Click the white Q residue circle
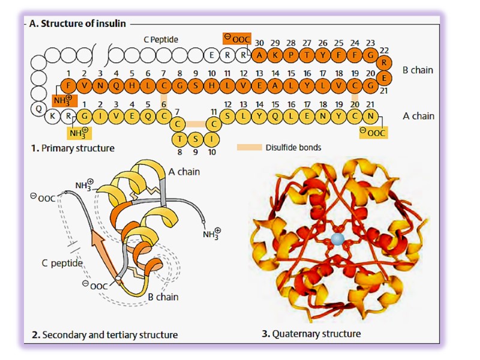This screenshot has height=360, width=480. tap(39, 109)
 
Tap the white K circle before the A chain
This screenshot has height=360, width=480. tap(54, 115)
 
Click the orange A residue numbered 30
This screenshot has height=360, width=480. tap(259, 56)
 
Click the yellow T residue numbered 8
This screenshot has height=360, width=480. tap(179, 139)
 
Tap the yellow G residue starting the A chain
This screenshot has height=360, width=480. tap(85, 115)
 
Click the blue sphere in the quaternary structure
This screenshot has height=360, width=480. tap(337, 240)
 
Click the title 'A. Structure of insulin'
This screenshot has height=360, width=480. tap(77, 23)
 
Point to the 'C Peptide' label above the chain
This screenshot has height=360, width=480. tap(160, 40)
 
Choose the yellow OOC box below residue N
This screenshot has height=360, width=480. tap(372, 131)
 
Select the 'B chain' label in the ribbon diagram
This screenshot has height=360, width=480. tap(163, 296)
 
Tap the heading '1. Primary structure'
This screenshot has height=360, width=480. tap(73, 148)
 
